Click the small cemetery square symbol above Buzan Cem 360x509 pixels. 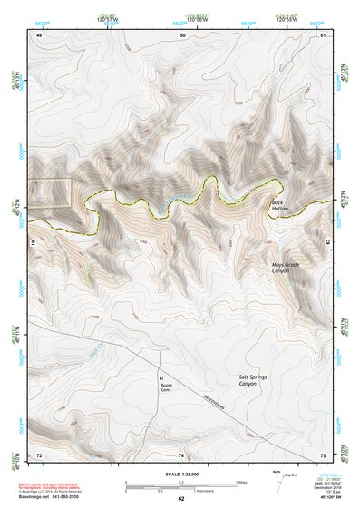[x=161, y=376]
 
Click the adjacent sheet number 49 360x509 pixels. [x=40, y=35]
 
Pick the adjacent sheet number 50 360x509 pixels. [x=182, y=35]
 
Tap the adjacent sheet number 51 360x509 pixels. [x=323, y=35]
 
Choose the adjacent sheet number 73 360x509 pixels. [x=39, y=454]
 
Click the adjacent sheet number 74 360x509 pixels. [x=181, y=454]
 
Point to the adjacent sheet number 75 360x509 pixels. [x=323, y=454]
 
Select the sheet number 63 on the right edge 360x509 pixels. [x=326, y=242]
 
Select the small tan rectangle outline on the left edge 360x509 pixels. [x=51, y=193]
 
